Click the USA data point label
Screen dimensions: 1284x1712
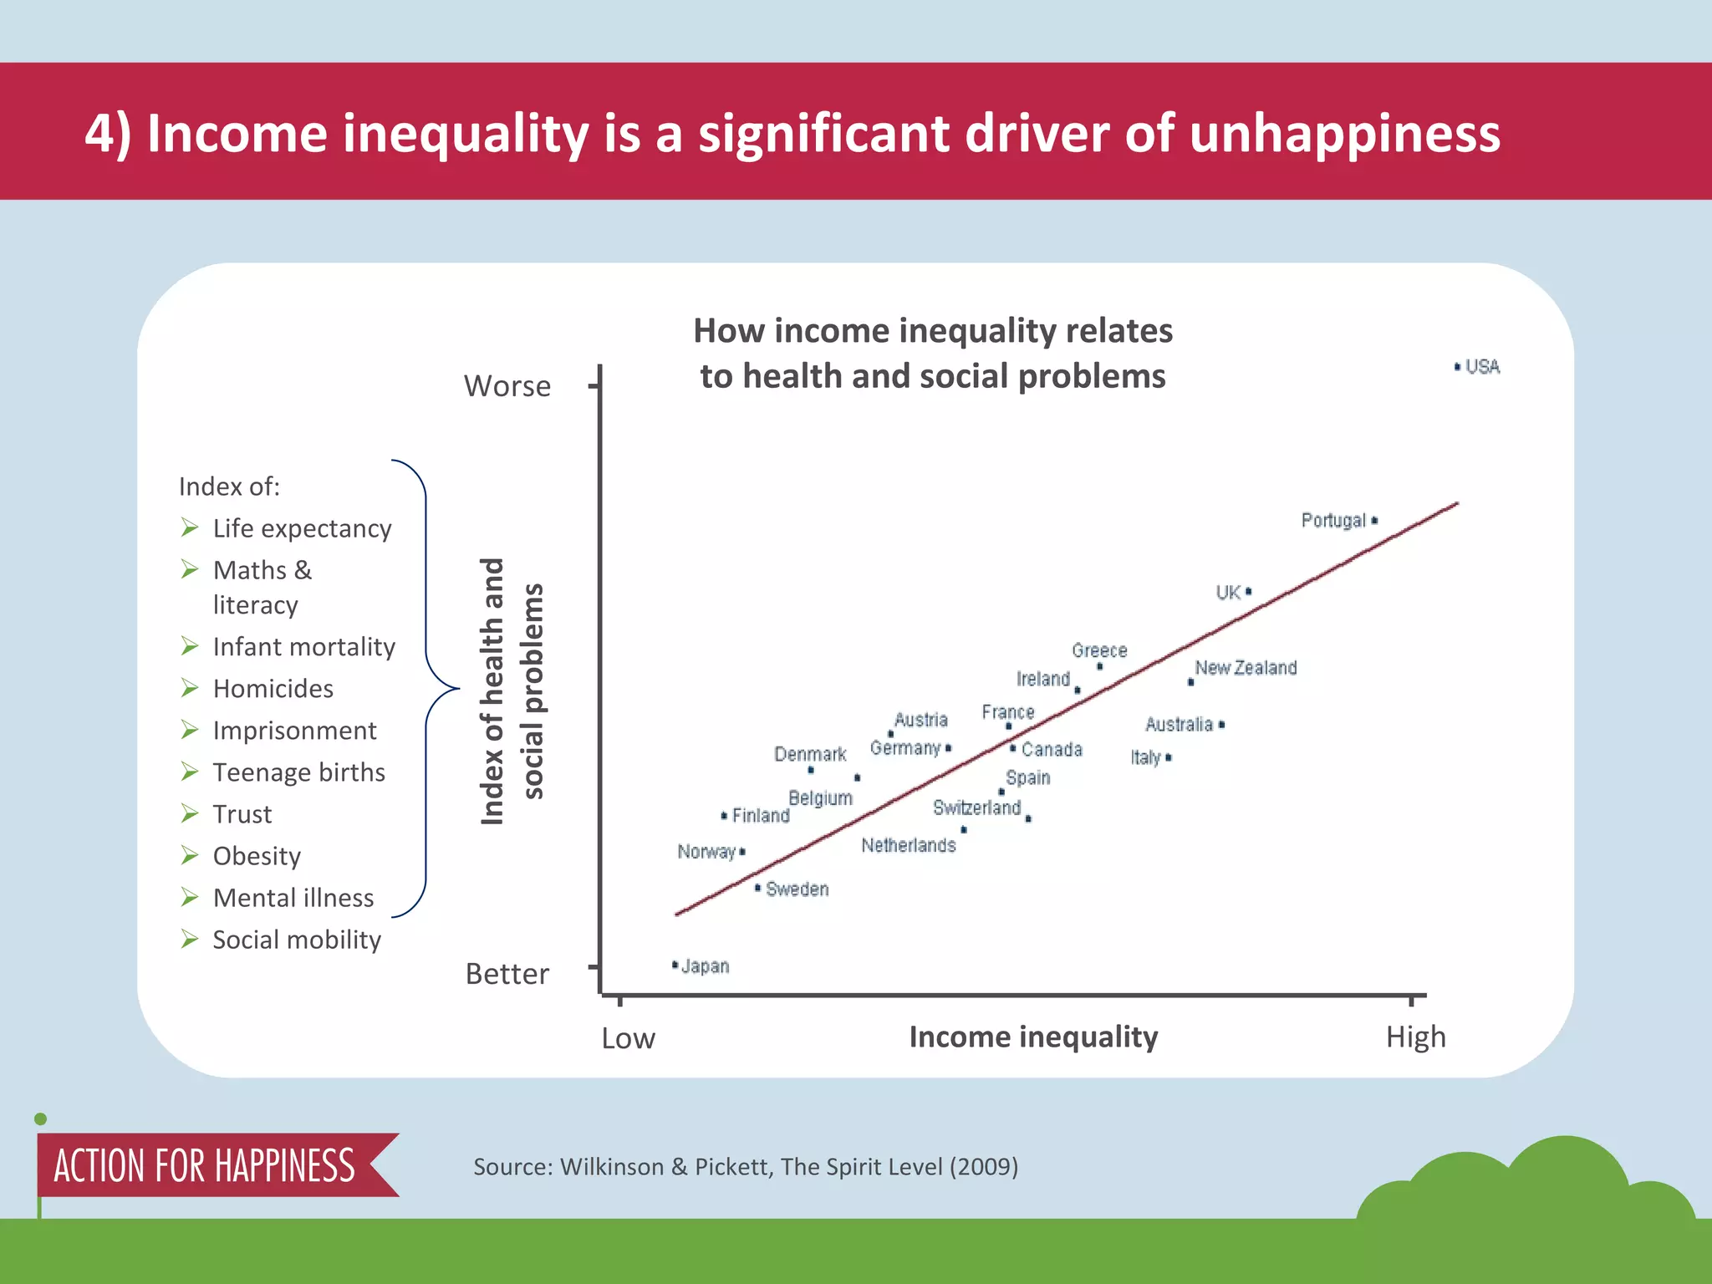[1482, 367]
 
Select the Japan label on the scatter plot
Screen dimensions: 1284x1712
[705, 966]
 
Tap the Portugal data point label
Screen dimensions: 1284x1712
[1333, 521]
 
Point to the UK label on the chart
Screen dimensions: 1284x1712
[1228, 593]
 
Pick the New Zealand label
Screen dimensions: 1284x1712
[1246, 668]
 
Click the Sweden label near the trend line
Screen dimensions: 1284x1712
[797, 889]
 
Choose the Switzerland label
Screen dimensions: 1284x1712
[976, 808]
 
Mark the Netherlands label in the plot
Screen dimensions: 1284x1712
[908, 845]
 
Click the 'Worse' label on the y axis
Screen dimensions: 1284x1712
[507, 386]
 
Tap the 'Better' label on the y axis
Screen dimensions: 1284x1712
[507, 974]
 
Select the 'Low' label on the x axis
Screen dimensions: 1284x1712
[629, 1038]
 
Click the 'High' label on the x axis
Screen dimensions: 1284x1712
[1415, 1037]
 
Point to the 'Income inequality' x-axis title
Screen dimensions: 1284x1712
[1033, 1037]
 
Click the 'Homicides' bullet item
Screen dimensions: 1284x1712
[273, 688]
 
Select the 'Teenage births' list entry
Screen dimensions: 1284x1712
[298, 772]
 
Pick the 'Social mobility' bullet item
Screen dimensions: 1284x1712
[297, 940]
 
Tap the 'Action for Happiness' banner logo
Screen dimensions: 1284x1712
[205, 1165]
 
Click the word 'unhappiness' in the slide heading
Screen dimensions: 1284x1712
[1344, 134]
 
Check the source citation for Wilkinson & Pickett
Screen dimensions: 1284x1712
[746, 1166]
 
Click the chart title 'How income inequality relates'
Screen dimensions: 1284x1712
[933, 331]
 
